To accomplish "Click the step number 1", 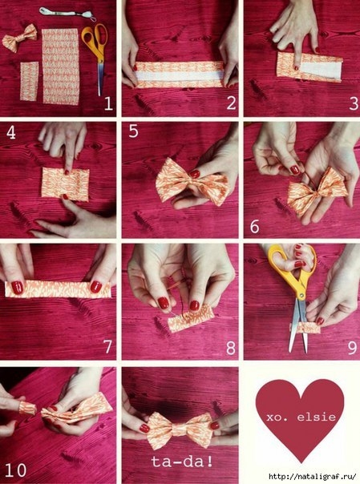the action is pos(108,103).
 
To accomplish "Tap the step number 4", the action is pos(11,132).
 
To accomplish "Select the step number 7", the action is pos(107,347).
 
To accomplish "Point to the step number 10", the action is pos(15,470).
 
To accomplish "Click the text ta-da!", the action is pos(182,462).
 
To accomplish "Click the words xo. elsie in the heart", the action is pos(301,417).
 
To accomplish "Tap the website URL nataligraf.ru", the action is pos(313,476).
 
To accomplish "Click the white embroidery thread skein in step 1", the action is pos(67,14).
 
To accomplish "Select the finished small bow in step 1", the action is pos(19,38).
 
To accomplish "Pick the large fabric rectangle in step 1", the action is pos(60,67).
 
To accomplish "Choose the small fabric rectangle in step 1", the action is pos(30,81).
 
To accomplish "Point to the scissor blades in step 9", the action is pos(298,327).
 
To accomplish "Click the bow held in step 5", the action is pos(193,182).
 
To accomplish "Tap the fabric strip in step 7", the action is pos(58,290).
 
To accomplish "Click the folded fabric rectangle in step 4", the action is pos(65,184).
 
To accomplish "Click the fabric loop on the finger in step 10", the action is pos(27,408).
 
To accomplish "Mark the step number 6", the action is pos(255,227).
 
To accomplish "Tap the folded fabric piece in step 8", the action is pos(191,320).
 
